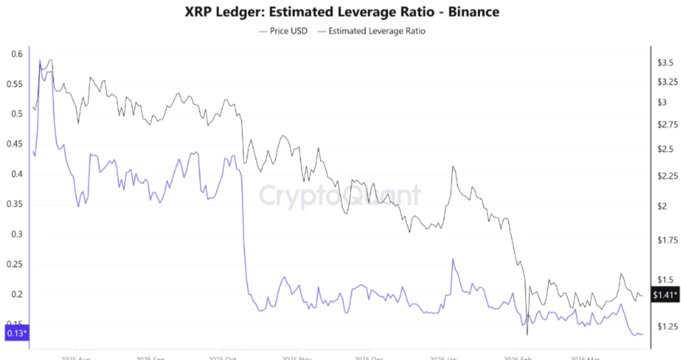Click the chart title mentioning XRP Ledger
[x=341, y=12]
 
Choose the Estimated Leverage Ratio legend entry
[x=377, y=30]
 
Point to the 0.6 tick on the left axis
[x=16, y=54]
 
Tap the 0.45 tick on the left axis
[x=14, y=143]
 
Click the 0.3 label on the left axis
[x=16, y=234]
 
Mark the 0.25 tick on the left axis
[x=14, y=264]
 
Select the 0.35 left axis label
[x=14, y=204]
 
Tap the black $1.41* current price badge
[x=665, y=295]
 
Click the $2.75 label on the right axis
[x=666, y=125]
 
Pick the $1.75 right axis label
[x=666, y=240]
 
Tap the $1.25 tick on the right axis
[x=666, y=326]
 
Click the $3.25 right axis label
[x=666, y=82]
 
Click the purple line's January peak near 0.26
[x=452, y=259]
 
